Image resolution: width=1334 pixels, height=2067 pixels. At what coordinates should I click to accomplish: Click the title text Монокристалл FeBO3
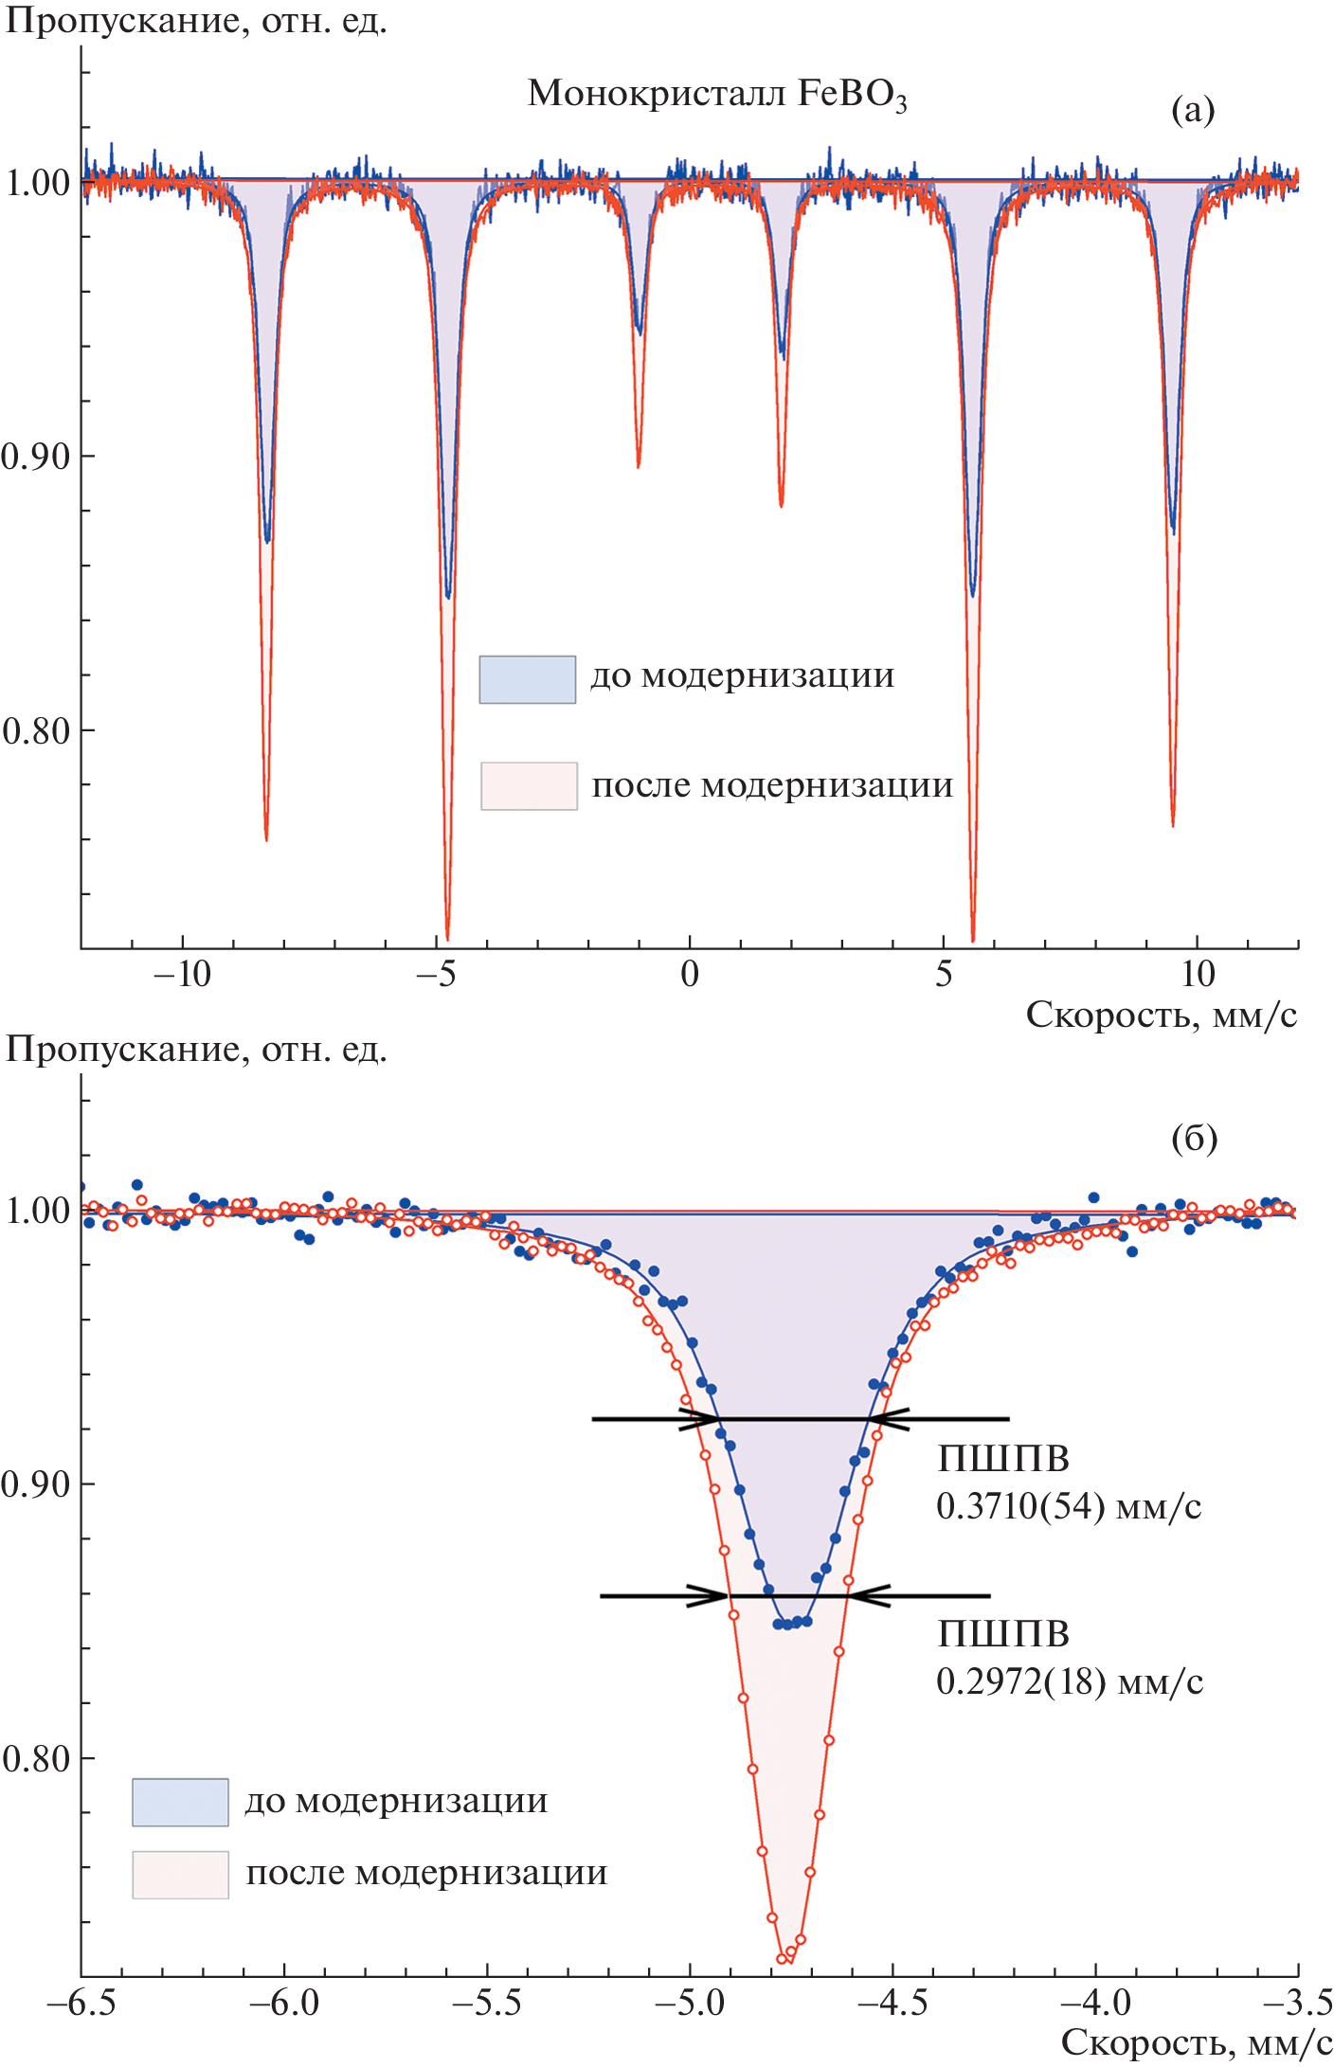(x=716, y=95)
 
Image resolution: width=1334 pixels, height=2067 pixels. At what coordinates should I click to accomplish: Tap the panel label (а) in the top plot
(x=1192, y=111)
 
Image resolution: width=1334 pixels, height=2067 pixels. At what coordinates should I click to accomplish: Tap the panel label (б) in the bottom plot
(x=1194, y=1138)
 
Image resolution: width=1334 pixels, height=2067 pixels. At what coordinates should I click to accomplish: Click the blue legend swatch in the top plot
(x=527, y=679)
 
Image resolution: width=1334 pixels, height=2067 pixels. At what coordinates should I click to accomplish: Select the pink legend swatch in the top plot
(x=529, y=786)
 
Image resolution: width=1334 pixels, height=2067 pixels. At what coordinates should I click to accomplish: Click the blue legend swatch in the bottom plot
(x=180, y=1802)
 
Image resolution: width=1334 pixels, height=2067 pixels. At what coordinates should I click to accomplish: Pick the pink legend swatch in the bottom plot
(x=180, y=1875)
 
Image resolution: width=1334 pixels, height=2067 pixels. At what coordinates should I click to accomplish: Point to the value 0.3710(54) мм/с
(x=1068, y=1507)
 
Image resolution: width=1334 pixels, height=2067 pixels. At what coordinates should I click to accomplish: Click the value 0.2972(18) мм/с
(x=1069, y=1682)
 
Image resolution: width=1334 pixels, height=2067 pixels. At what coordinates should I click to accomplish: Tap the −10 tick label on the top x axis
(x=182, y=974)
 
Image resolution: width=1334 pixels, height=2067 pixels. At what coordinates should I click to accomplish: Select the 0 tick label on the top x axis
(x=690, y=974)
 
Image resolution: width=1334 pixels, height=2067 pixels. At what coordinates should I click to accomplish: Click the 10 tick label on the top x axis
(x=1197, y=974)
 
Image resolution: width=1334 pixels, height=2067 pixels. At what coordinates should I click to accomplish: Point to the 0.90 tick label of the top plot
(x=36, y=457)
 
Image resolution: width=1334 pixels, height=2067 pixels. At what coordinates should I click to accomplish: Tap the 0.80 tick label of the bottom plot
(x=36, y=1759)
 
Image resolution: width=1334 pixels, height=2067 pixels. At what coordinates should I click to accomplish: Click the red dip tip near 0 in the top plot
(x=638, y=466)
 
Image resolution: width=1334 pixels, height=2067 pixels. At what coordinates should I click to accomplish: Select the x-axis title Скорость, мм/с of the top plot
(x=1161, y=1015)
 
